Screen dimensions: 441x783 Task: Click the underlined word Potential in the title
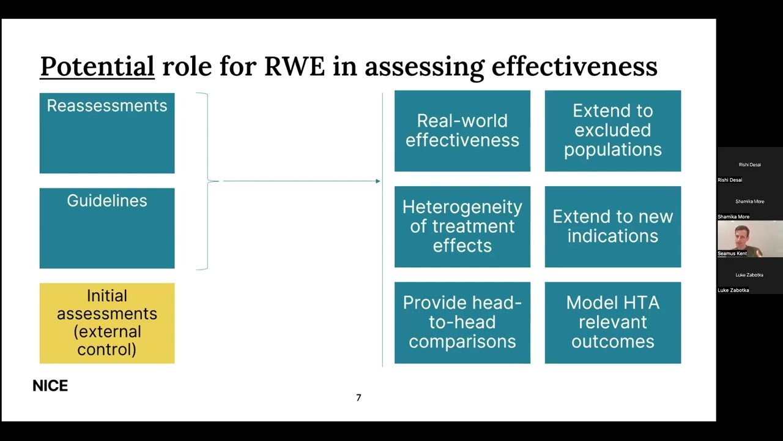(x=97, y=66)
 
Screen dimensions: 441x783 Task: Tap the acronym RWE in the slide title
(x=294, y=66)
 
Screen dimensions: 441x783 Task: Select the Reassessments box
(x=107, y=133)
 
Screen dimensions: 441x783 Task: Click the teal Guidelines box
(x=107, y=228)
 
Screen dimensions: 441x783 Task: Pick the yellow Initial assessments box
(x=107, y=323)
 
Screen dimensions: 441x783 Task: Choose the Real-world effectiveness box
(x=462, y=131)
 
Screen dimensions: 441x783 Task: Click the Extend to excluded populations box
(x=612, y=131)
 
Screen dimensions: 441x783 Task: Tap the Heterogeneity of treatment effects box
(x=462, y=227)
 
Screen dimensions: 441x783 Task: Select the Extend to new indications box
(x=612, y=227)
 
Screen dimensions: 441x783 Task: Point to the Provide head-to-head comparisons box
(x=462, y=322)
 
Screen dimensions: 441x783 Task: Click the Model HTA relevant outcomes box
(x=612, y=322)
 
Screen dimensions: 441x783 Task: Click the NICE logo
(x=50, y=386)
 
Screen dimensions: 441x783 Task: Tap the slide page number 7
(x=358, y=398)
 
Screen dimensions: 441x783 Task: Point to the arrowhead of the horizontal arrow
(x=377, y=181)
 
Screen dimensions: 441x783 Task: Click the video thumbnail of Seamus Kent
(x=749, y=239)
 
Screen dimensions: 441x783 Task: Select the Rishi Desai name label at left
(x=730, y=180)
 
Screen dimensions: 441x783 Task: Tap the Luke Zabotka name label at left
(x=733, y=290)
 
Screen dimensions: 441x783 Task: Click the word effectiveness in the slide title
(x=574, y=66)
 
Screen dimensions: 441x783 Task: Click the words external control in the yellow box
(x=107, y=341)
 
